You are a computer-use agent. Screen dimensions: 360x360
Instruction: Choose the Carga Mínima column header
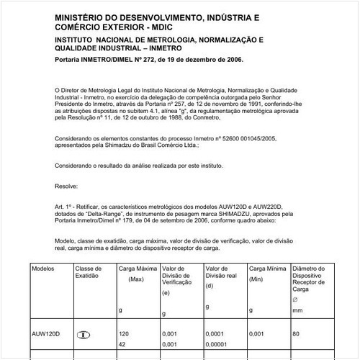pos(267,268)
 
